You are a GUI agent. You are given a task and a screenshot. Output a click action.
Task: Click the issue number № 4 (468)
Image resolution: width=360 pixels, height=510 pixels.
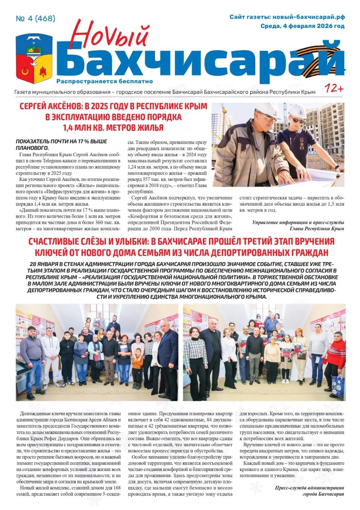35,19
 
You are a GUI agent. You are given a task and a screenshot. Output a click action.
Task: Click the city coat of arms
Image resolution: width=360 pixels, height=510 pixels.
34,58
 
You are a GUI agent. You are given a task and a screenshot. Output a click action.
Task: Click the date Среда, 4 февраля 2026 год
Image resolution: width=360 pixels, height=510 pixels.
302,26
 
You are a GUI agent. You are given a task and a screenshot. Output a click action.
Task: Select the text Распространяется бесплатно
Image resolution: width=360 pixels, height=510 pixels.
105,81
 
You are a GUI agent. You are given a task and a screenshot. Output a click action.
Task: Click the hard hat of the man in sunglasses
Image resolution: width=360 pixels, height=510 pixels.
297,110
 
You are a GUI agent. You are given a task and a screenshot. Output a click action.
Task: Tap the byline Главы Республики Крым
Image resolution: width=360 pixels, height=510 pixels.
317,229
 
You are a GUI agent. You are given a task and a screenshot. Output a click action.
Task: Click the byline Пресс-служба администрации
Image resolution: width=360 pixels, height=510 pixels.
309,488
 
